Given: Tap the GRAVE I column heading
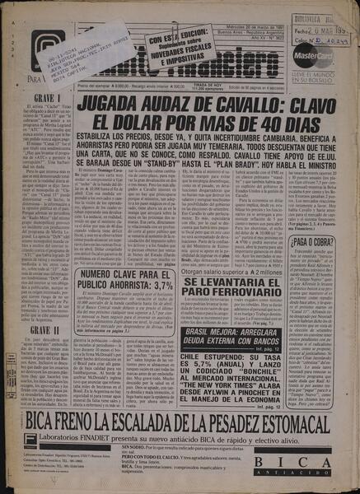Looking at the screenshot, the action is pyautogui.click(x=46, y=97).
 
